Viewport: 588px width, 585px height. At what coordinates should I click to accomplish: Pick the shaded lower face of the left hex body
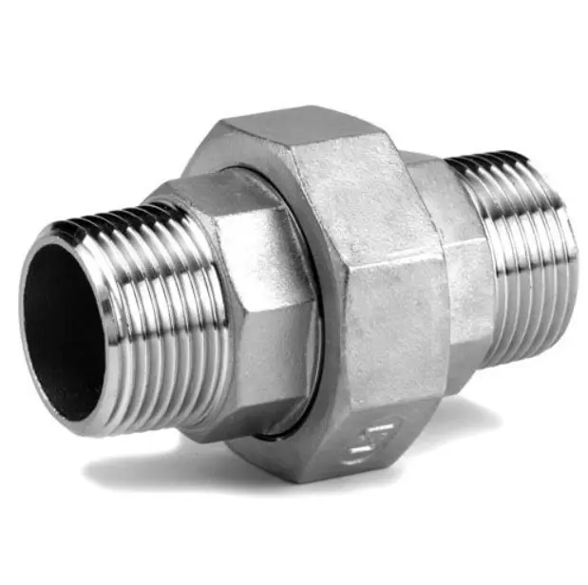[247, 399]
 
